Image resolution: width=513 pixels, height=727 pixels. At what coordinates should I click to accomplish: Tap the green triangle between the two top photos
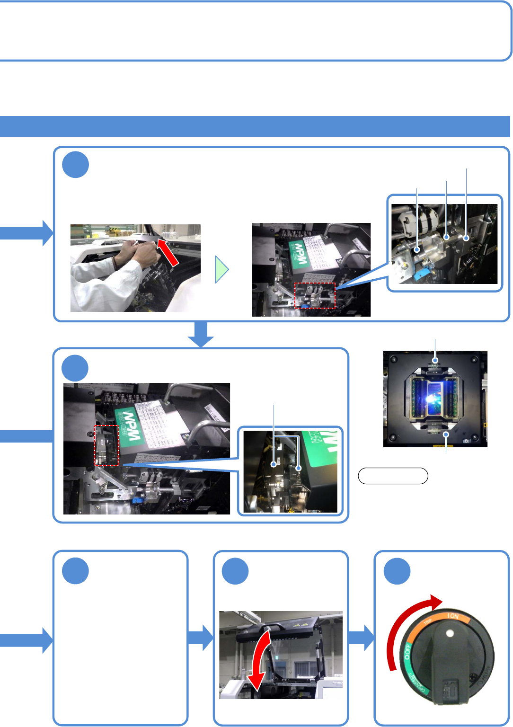[x=221, y=270]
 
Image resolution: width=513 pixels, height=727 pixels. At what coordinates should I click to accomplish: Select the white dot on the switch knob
[x=450, y=633]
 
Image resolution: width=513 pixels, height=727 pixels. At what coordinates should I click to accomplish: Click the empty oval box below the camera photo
[x=393, y=476]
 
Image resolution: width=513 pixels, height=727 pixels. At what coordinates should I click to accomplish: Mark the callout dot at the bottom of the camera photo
[x=446, y=434]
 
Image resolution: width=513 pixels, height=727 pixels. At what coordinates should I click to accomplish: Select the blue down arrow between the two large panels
[x=201, y=335]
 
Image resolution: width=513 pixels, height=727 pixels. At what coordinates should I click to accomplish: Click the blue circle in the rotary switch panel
[x=397, y=571]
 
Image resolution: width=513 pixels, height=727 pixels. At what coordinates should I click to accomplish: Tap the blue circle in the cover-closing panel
[x=235, y=571]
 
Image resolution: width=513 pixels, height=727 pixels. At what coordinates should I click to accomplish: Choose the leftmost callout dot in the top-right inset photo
[x=417, y=249]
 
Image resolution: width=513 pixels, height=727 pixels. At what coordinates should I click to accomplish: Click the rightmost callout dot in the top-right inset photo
[x=467, y=238]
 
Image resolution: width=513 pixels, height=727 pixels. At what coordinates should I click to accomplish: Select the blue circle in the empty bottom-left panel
[x=75, y=571]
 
